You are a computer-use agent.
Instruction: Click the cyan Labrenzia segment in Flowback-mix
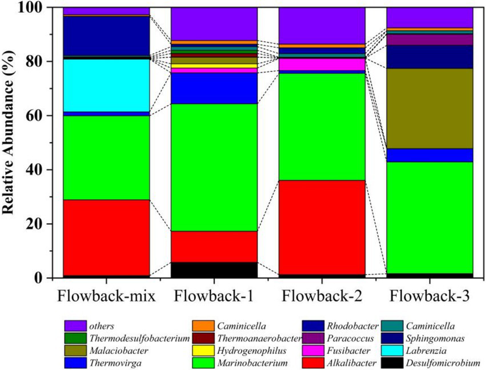click(x=106, y=85)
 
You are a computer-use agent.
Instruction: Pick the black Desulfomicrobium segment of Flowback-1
click(x=214, y=270)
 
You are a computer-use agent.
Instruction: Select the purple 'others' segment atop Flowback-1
click(x=214, y=24)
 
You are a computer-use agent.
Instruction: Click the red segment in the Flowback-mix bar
click(x=106, y=238)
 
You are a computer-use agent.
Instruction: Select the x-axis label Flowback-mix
click(x=106, y=297)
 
